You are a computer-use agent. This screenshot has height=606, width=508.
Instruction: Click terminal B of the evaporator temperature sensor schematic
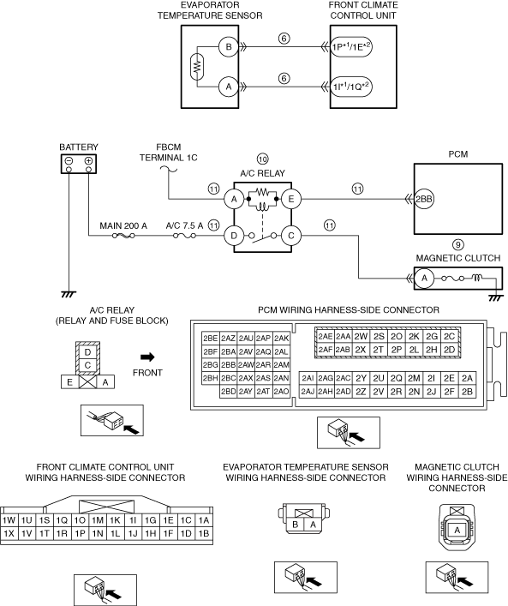229,47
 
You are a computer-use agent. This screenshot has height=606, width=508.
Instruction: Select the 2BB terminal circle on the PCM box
424,200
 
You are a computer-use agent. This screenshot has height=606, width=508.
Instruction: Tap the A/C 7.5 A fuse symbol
184,236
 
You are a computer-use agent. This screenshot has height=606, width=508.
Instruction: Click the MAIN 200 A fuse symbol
123,236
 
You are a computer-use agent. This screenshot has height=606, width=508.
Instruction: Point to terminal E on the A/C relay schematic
291,199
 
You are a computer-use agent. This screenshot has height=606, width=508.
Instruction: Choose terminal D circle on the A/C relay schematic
234,236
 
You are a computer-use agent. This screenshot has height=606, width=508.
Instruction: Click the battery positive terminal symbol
88,161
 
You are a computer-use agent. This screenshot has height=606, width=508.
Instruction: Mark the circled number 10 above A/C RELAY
263,159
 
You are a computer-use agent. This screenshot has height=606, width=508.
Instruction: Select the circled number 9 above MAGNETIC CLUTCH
458,244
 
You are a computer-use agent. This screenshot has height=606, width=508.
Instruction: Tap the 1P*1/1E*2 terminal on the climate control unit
351,47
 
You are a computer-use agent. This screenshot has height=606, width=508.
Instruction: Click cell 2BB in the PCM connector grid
229,365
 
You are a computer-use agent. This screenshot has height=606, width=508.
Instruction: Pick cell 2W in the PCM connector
361,337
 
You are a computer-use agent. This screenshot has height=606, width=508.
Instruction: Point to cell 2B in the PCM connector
467,392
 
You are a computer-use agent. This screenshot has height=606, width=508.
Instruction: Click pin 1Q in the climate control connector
62,520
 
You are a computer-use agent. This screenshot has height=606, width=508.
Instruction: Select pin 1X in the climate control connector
9,533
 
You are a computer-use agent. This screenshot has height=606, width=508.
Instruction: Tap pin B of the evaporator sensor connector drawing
296,525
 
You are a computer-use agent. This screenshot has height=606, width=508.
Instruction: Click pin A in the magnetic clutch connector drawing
457,531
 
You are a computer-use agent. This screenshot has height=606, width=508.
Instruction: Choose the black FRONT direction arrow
147,357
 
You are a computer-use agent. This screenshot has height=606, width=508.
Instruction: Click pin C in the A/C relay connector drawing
87,366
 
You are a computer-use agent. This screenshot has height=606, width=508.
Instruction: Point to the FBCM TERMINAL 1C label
169,153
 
